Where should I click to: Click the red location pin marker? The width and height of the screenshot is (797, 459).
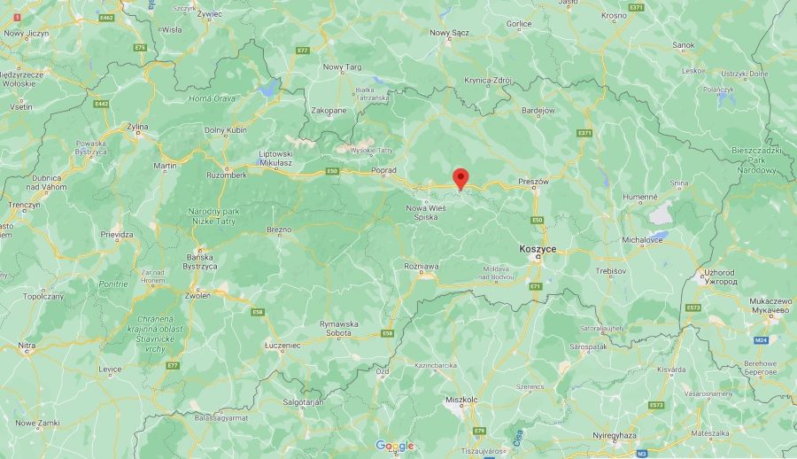tap(460, 177)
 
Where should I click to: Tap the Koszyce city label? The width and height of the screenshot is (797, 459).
tap(538, 250)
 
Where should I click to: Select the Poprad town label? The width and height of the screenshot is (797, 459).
tap(384, 169)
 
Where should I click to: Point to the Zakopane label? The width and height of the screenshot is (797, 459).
tap(329, 111)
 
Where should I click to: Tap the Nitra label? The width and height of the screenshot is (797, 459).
tap(27, 345)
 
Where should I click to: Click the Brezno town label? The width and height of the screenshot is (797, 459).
tap(279, 229)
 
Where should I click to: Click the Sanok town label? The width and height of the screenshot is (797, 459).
tap(683, 44)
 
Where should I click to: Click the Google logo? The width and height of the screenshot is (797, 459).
tap(394, 446)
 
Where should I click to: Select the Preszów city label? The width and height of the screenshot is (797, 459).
tap(534, 181)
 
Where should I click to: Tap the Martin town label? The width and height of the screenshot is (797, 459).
tap(165, 166)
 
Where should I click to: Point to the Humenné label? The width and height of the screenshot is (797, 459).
tap(640, 198)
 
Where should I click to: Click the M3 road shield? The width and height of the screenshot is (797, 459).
tap(642, 453)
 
